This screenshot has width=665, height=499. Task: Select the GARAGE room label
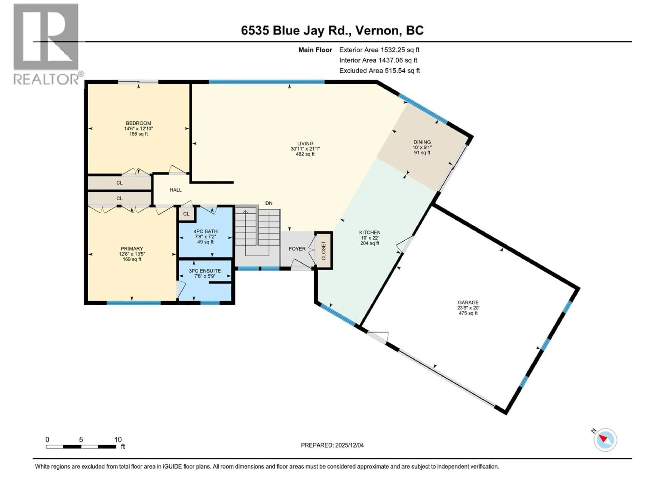coord(468,303)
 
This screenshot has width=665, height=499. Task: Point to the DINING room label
coord(422,142)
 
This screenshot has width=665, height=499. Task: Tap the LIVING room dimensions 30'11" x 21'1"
coord(305,149)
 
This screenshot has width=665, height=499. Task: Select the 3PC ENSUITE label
coord(205,271)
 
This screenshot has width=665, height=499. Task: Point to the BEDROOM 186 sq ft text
coord(138,134)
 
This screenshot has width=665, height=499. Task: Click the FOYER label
coord(297,249)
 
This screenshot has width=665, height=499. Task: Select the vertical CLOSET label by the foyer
coord(323,250)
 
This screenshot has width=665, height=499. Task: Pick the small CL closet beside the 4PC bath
coord(186,214)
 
